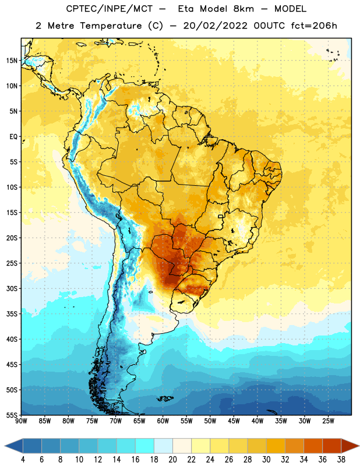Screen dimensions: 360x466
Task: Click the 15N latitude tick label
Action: click(x=12, y=61)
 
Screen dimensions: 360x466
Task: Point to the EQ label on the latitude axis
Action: click(x=13, y=137)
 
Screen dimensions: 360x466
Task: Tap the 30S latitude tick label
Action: click(x=12, y=288)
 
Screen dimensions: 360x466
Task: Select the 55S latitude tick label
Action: click(x=12, y=415)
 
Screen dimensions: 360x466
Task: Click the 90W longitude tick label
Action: click(x=21, y=421)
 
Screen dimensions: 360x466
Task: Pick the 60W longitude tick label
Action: click(x=163, y=421)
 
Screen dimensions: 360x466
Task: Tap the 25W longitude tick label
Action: click(x=328, y=421)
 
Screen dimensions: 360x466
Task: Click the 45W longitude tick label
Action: click(x=234, y=421)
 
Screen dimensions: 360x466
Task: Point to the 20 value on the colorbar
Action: click(x=172, y=460)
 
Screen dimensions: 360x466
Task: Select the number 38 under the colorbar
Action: click(x=341, y=460)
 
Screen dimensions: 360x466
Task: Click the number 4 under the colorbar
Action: click(x=23, y=460)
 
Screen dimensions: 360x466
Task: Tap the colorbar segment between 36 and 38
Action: click(x=332, y=446)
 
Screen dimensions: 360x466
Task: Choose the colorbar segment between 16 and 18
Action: click(x=145, y=446)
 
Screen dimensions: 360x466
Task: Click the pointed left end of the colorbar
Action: click(x=5, y=446)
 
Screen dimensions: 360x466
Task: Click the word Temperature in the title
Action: click(x=111, y=26)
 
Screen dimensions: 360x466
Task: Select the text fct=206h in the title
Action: click(x=314, y=26)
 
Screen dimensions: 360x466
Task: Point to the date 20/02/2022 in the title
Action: click(x=215, y=26)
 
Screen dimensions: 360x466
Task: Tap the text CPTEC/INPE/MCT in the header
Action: click(x=110, y=9)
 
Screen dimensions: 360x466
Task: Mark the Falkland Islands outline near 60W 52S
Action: click(x=165, y=398)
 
